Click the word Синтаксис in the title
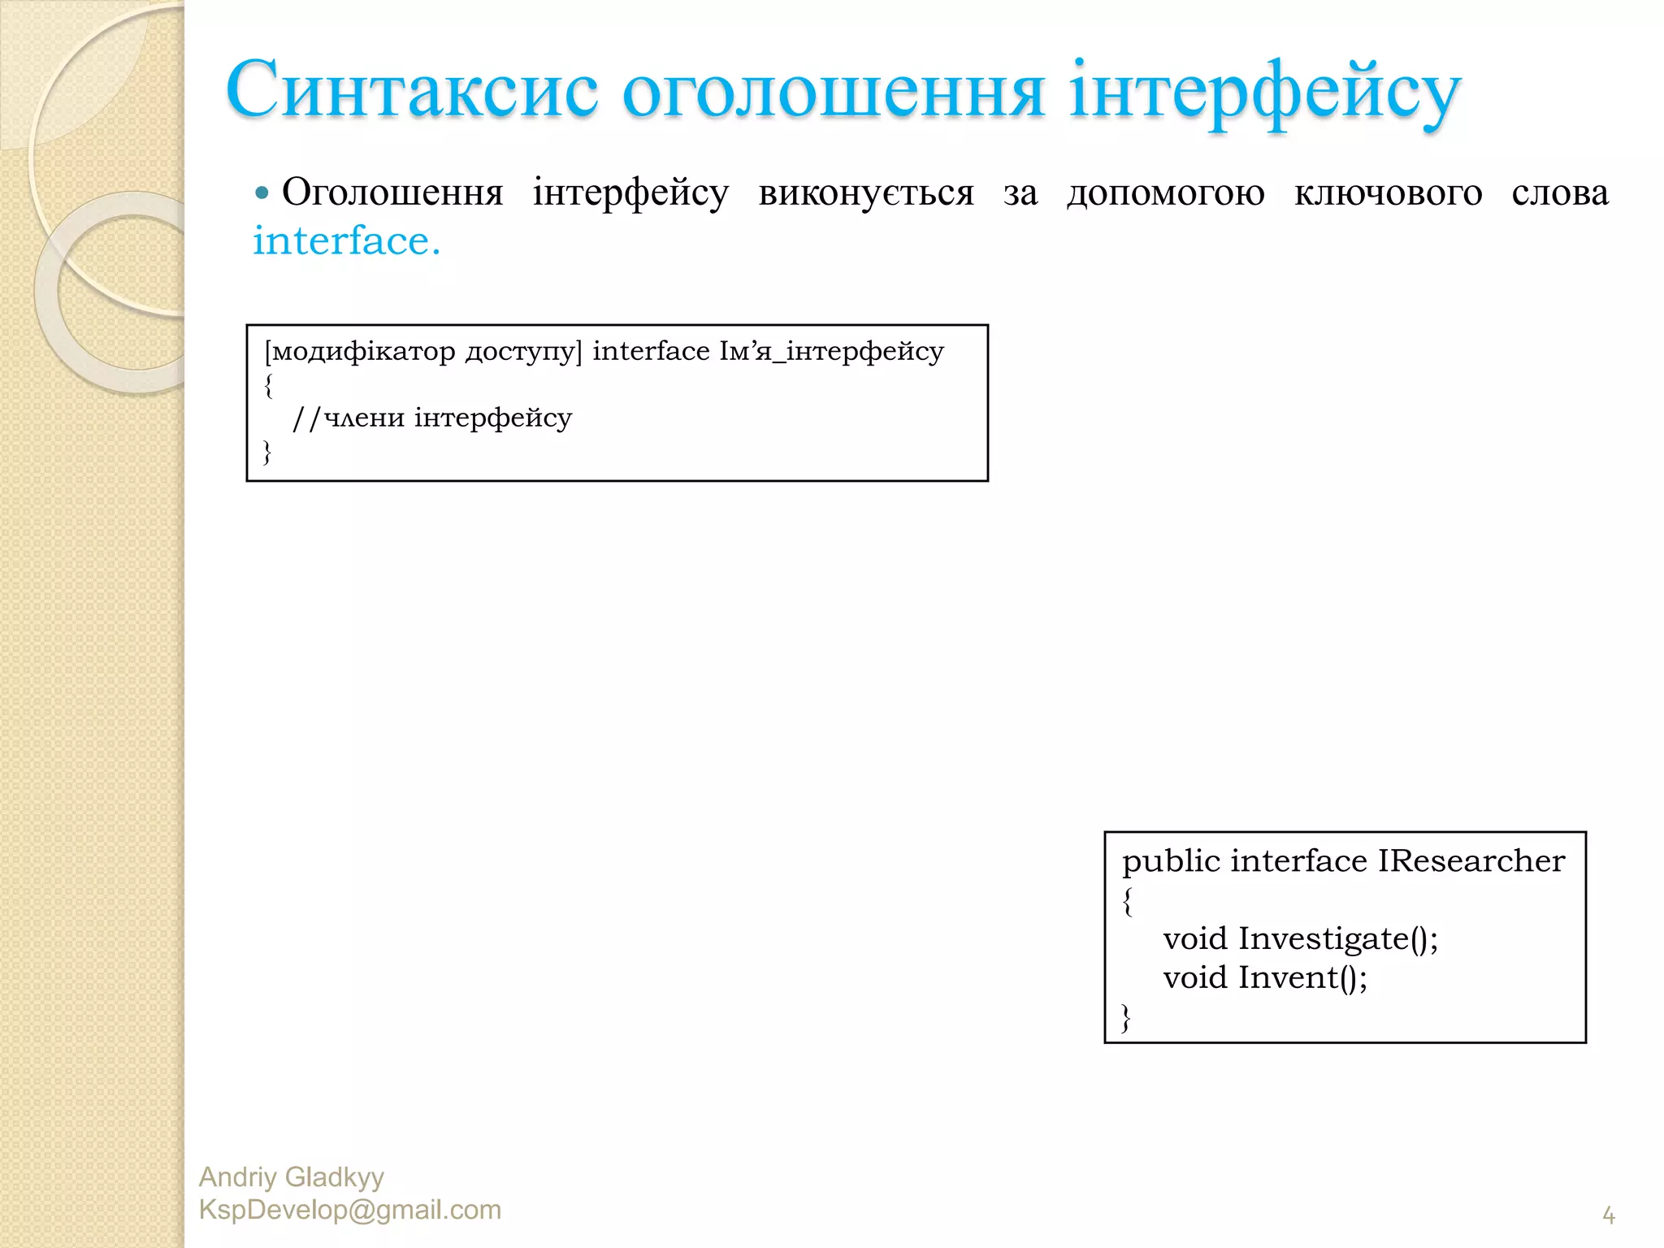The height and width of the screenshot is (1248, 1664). point(412,91)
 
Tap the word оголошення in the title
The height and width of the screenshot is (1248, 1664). point(834,93)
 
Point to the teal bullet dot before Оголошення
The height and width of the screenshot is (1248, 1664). point(262,193)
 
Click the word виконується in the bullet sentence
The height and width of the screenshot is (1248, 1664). point(865,193)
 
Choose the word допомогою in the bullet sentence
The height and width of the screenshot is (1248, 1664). point(1166,193)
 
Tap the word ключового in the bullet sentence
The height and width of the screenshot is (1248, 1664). point(1388,193)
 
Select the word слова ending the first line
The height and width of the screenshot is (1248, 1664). point(1560,193)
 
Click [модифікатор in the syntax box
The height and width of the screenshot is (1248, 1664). point(359,352)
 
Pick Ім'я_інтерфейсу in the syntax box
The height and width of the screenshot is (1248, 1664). point(831,352)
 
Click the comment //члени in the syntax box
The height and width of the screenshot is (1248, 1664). point(348,418)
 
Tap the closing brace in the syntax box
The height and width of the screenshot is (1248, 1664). point(267,452)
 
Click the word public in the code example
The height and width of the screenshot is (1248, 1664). point(1171,861)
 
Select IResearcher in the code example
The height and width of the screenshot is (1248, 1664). point(1471,861)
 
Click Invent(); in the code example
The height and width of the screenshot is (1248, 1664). point(1302,977)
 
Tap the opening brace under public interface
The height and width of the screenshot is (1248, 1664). point(1128,901)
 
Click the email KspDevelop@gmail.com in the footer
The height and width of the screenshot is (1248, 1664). point(350,1210)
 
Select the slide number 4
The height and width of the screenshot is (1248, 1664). point(1609,1215)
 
